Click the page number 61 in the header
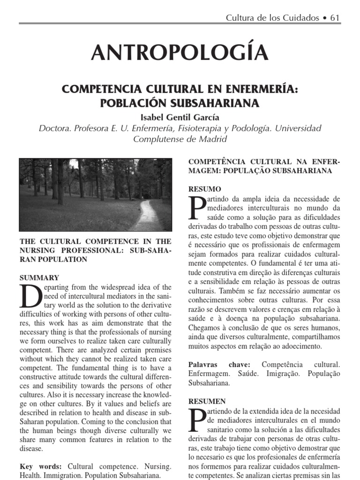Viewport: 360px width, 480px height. coord(335,18)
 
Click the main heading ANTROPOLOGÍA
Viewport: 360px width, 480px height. coord(180,52)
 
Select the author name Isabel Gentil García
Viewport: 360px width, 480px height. coord(180,117)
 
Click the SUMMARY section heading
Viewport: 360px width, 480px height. coord(39,277)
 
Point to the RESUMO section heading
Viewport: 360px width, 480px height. coord(204,189)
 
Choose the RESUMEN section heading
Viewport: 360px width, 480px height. coord(207,401)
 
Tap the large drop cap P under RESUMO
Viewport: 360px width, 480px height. coord(196,208)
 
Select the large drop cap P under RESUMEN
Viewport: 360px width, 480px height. coord(196,420)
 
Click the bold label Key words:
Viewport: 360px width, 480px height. coord(41,466)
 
